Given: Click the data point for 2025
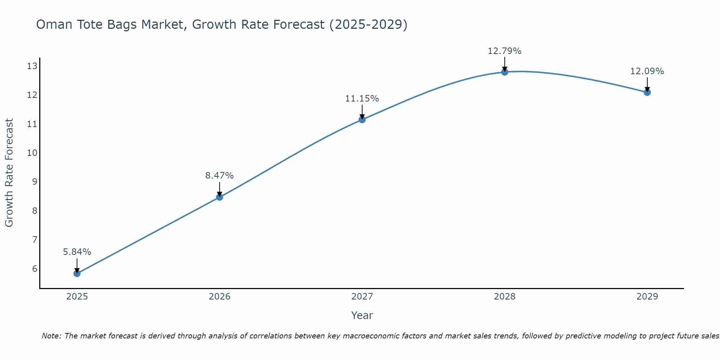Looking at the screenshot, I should click(77, 273).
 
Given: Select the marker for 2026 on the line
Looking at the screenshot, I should click(220, 197).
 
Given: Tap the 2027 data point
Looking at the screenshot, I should click(362, 120).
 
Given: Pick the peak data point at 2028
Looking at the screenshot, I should click(505, 72).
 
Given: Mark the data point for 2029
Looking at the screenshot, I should click(647, 92).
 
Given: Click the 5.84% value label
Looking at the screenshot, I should click(77, 252).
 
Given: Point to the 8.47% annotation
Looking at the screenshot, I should click(220, 176).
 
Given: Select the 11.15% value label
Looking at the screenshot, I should click(362, 99).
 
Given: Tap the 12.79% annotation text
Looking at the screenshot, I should click(505, 51).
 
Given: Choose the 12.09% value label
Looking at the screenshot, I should click(647, 71).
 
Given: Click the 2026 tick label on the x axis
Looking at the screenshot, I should click(220, 297).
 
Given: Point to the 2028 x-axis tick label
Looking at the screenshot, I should click(505, 297).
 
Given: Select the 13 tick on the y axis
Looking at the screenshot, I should click(32, 66).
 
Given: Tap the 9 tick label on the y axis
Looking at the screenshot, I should click(35, 181).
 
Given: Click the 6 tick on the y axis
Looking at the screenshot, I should click(35, 269).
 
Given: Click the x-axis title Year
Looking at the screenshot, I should click(362, 315).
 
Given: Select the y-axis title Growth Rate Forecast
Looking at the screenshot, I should click(9, 173).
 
